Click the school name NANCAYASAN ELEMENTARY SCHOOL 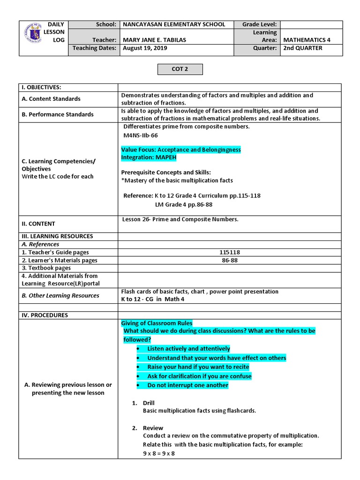click(x=173, y=24)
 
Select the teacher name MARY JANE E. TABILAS click(x=154, y=40)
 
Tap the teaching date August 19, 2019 click(x=145, y=48)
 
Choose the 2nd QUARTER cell click(x=302, y=48)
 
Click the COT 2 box click(x=180, y=69)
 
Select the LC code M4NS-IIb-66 click(x=140, y=135)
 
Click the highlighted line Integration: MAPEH click(x=149, y=157)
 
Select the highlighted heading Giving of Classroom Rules click(x=157, y=323)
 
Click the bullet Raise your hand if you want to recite click(x=198, y=367)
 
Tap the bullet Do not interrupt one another click(x=187, y=385)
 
